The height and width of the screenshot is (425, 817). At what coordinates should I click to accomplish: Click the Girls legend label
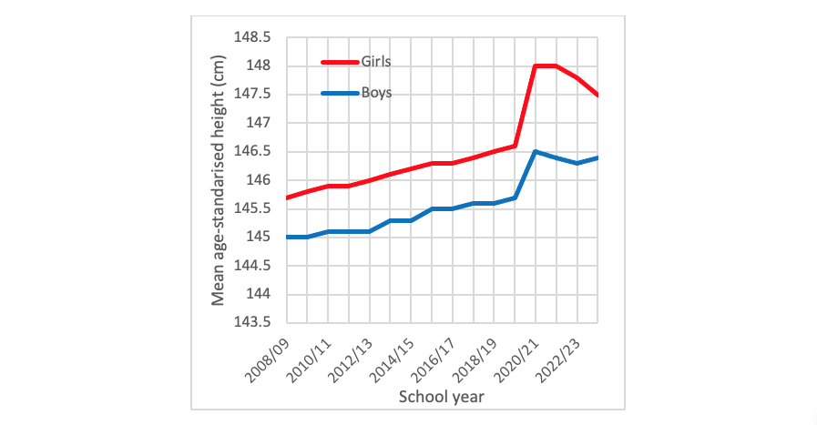[x=382, y=62]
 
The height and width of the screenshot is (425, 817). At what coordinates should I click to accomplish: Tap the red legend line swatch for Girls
[x=340, y=62]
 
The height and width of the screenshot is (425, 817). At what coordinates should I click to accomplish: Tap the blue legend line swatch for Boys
[x=340, y=92]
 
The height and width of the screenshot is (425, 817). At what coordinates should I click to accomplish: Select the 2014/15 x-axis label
[x=391, y=358]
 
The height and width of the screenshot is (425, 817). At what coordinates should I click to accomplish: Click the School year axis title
[x=442, y=397]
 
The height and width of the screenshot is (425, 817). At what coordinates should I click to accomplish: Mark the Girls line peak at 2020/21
[x=536, y=66]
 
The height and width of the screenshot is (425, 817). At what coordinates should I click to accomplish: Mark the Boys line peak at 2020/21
[x=536, y=152]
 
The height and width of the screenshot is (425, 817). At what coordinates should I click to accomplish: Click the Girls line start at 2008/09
[x=288, y=197]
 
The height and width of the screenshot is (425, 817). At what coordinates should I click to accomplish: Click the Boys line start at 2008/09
[x=288, y=237]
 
